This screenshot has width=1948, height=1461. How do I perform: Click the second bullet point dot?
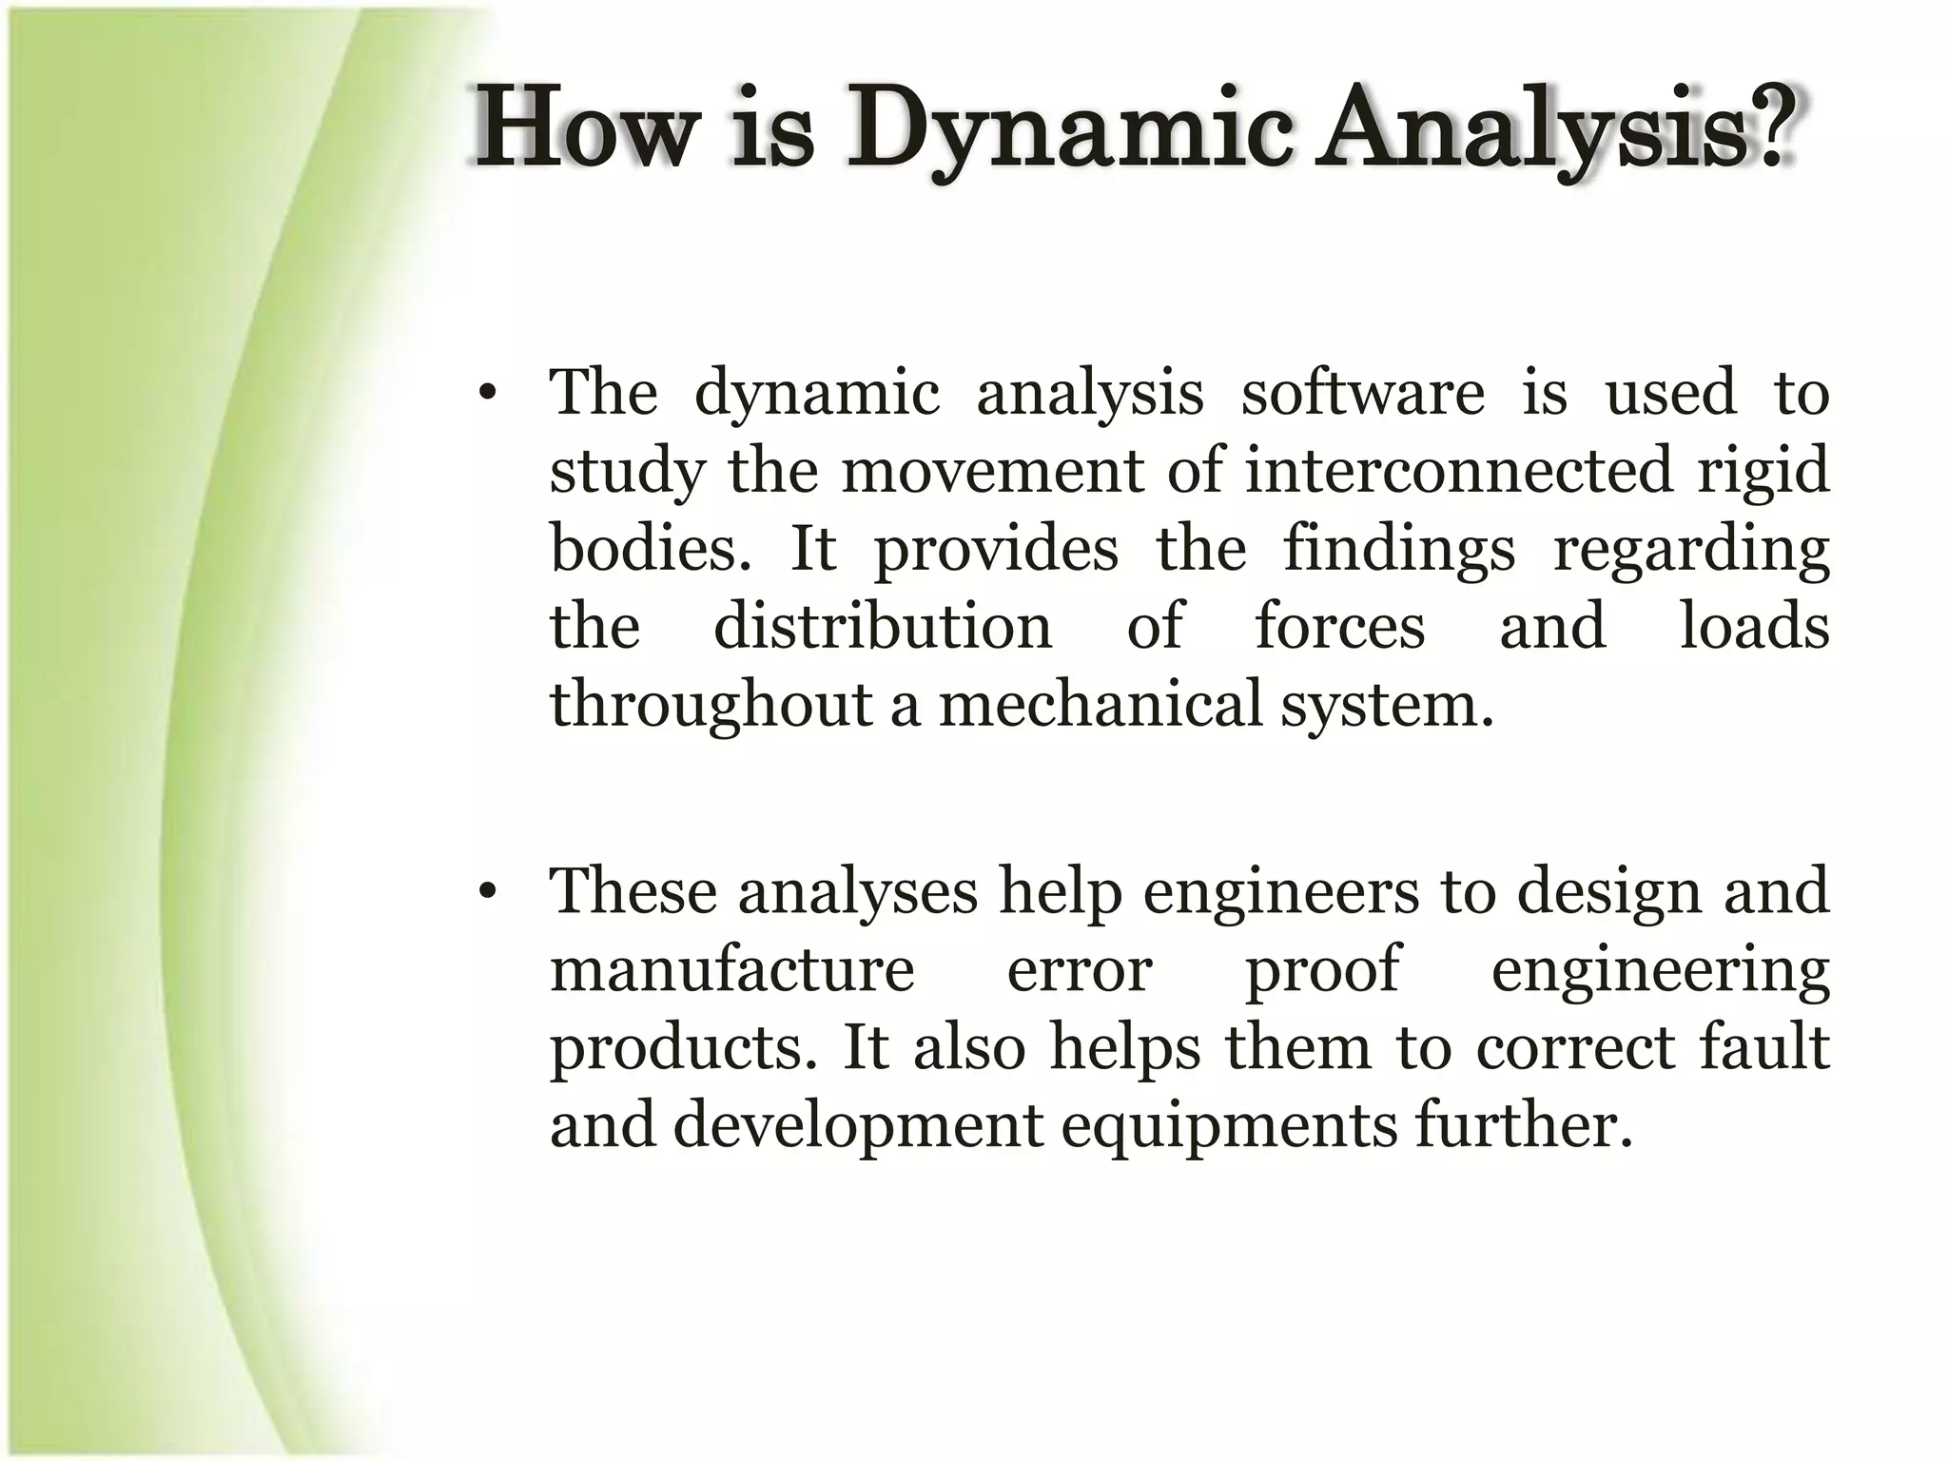[x=488, y=894]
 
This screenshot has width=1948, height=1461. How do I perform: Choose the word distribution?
[x=883, y=626]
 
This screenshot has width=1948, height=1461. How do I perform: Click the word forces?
[x=1339, y=626]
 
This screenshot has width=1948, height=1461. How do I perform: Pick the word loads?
[x=1753, y=626]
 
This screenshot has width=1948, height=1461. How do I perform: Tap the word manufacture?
[x=731, y=970]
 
